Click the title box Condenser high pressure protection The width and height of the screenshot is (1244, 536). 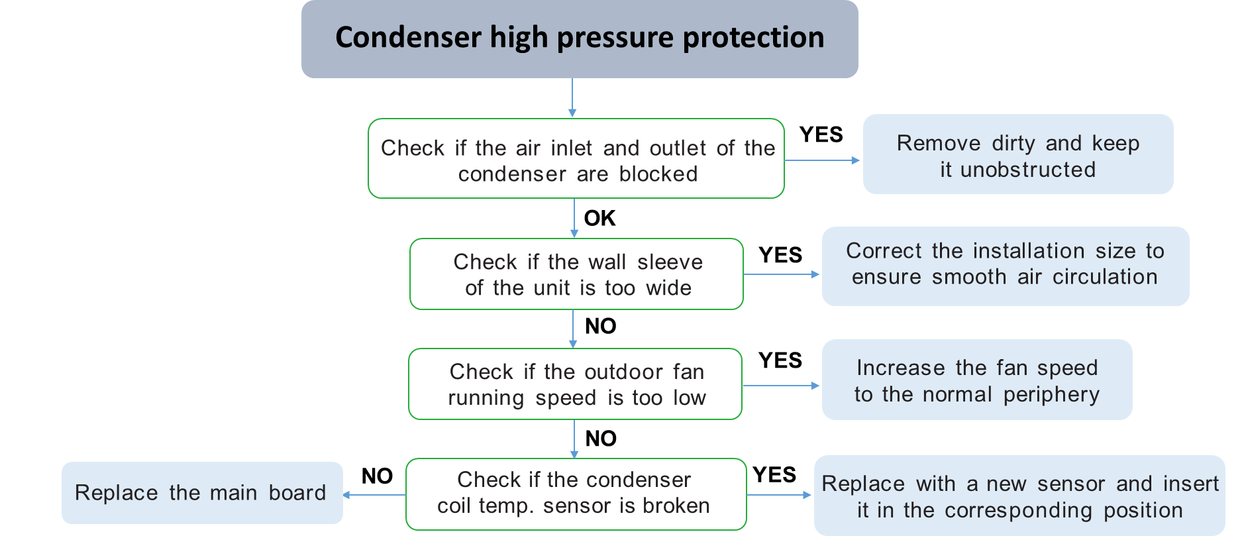click(x=580, y=38)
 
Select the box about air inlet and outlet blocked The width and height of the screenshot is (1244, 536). click(x=576, y=159)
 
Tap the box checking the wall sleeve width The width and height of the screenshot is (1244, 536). click(x=576, y=274)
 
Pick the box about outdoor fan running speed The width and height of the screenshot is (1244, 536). click(x=575, y=384)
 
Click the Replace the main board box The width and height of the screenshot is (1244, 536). click(x=202, y=493)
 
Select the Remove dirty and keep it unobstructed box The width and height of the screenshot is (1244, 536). click(x=1017, y=154)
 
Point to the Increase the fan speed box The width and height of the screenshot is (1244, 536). click(x=976, y=380)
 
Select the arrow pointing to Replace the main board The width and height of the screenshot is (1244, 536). click(x=374, y=495)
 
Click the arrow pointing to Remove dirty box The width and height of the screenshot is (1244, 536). click(x=823, y=160)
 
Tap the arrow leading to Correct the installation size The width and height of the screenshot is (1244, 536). click(x=782, y=274)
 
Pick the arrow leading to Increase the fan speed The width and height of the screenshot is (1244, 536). click(x=782, y=386)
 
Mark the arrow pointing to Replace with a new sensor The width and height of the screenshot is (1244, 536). click(x=780, y=495)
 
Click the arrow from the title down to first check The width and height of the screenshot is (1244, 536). click(x=572, y=98)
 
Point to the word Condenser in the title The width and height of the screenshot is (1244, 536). click(x=407, y=38)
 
